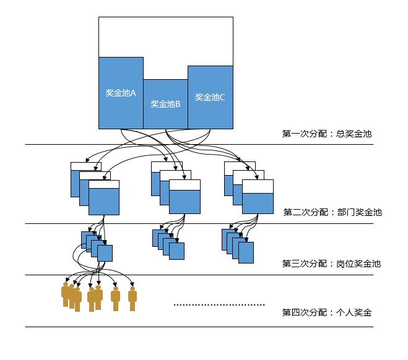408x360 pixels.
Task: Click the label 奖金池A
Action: (x=121, y=93)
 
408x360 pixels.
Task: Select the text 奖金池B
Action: (x=165, y=104)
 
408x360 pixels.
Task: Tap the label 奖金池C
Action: (x=211, y=97)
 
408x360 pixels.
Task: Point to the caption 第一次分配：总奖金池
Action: (x=327, y=133)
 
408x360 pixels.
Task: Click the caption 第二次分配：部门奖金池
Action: (x=332, y=212)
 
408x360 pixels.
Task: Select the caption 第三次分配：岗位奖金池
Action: (x=331, y=264)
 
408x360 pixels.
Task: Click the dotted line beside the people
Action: (x=219, y=305)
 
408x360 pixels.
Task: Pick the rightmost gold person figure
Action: (x=132, y=298)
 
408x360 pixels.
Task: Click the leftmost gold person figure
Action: (x=66, y=294)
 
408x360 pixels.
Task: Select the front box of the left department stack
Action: (x=103, y=198)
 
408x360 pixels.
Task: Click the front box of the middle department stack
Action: (x=184, y=198)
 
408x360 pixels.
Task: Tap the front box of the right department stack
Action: (x=258, y=198)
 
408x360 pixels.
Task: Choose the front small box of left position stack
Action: (x=105, y=254)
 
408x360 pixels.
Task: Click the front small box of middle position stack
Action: (x=177, y=251)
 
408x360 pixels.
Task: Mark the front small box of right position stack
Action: (x=246, y=251)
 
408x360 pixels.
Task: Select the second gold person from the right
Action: (x=115, y=298)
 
